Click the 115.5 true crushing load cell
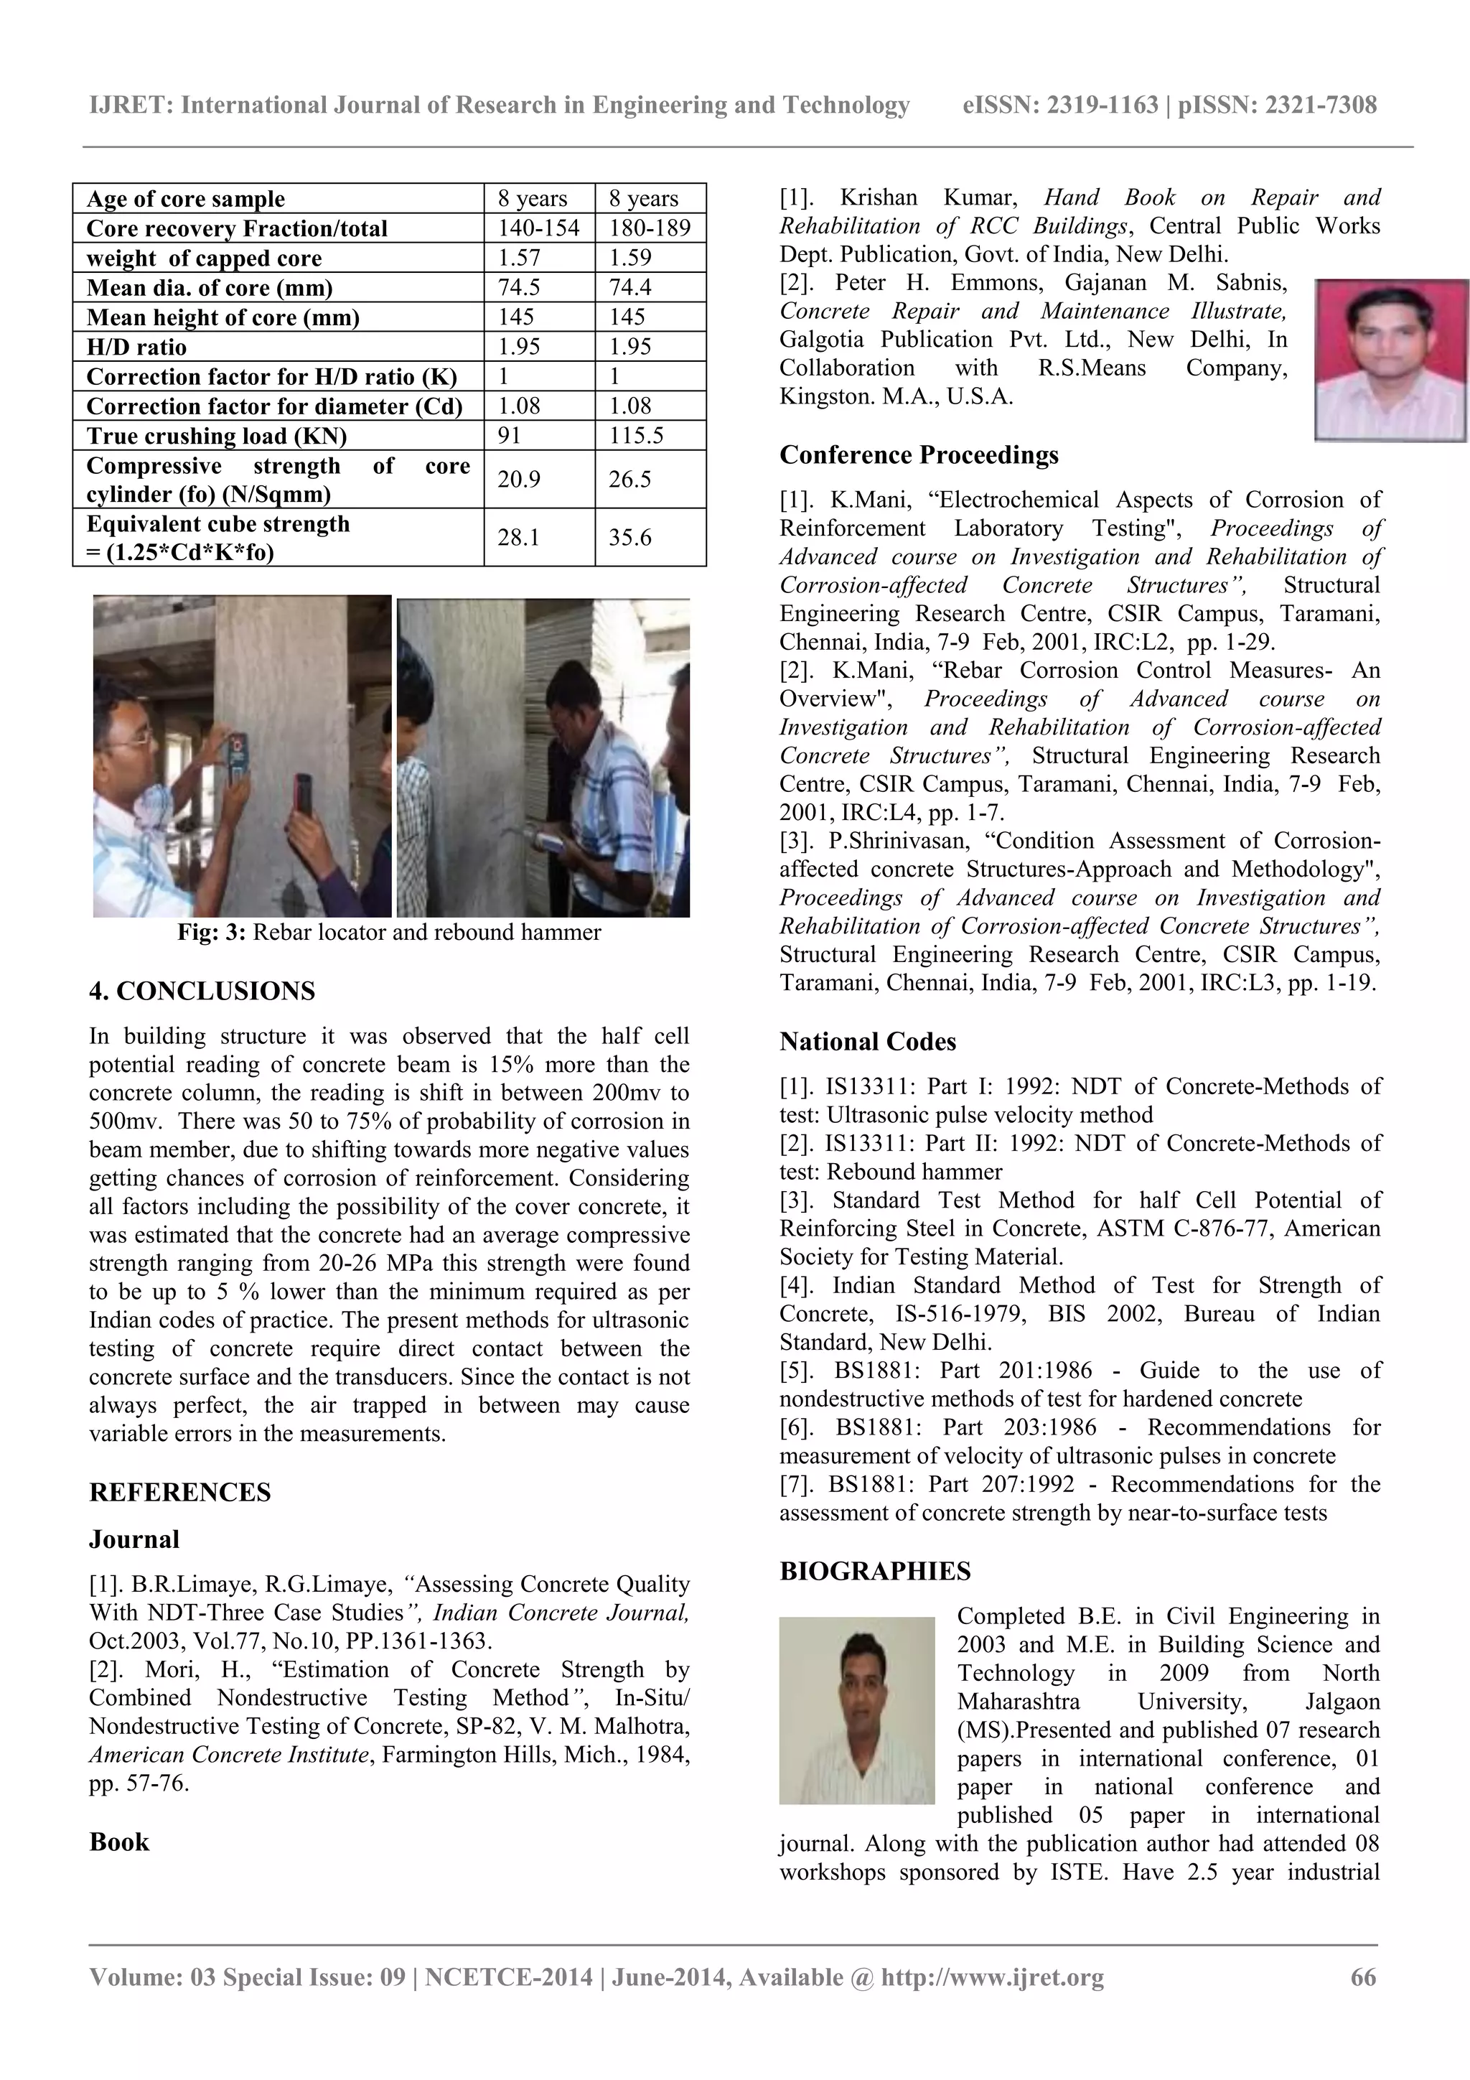[636, 436]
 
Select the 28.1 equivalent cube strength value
[519, 537]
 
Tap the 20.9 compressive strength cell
[519, 479]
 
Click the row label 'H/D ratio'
[137, 347]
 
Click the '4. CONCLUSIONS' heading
[202, 991]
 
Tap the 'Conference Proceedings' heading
[919, 454]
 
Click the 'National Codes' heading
[868, 1042]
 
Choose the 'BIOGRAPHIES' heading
[875, 1571]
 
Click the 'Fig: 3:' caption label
[211, 932]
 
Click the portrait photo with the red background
[1391, 360]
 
